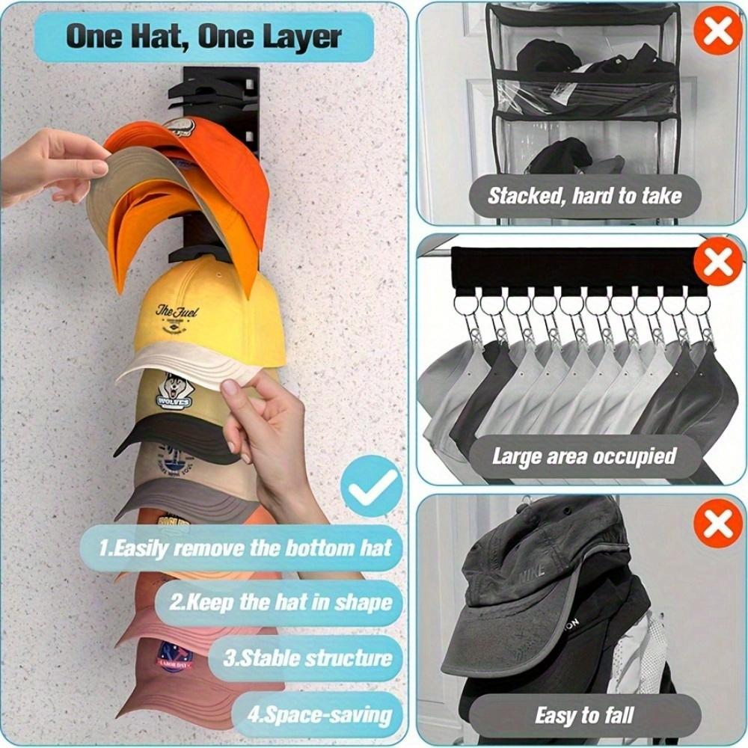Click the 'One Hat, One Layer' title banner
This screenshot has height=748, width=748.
(204, 37)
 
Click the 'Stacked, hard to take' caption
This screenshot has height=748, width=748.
(584, 197)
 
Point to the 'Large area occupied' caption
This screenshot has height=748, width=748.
(583, 456)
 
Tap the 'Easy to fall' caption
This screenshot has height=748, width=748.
(584, 716)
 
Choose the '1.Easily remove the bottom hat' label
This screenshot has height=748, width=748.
(245, 548)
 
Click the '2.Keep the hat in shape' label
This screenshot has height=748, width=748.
(280, 603)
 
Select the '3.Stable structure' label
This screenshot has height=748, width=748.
(307, 658)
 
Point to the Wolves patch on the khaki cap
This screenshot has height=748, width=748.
(173, 393)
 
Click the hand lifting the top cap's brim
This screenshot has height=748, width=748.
(52, 165)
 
